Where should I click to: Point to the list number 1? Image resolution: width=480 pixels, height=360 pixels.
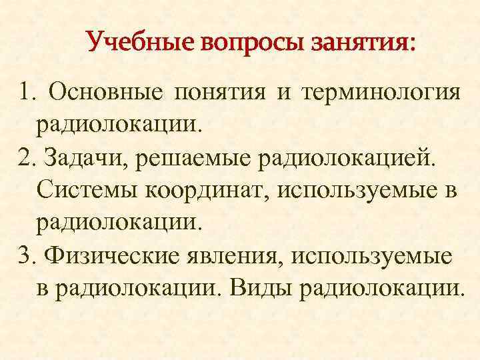(26, 91)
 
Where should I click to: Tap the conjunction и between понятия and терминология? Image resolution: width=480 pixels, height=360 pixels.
(284, 91)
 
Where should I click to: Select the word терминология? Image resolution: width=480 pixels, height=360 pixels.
(381, 91)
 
